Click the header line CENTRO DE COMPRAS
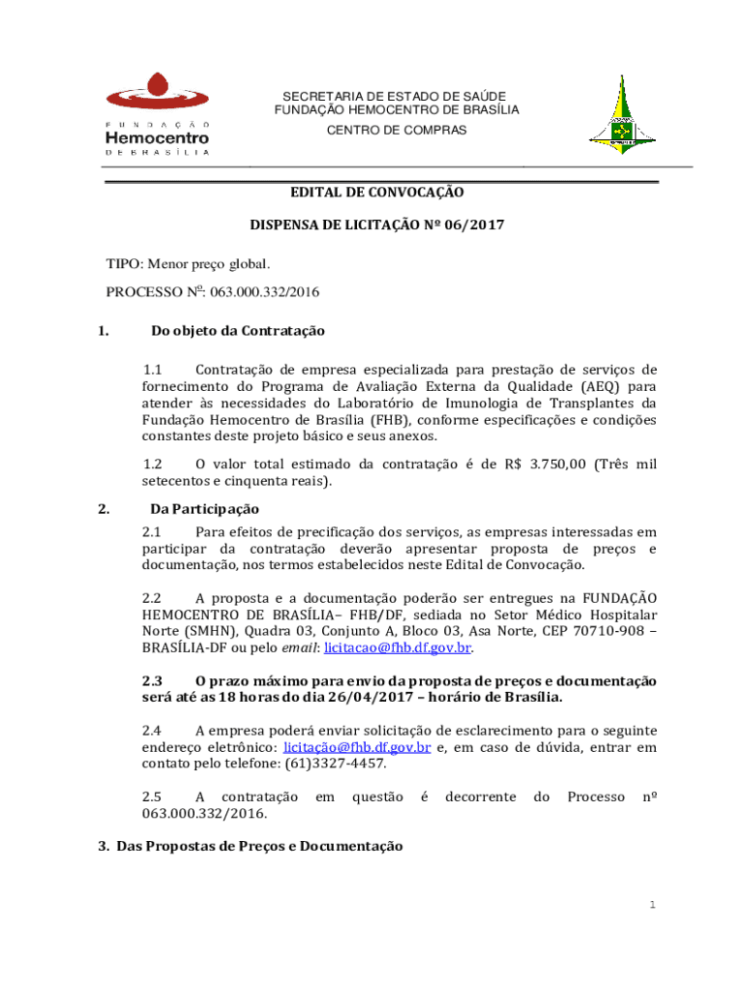pyautogui.click(x=395, y=130)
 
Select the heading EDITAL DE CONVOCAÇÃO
pyautogui.click(x=377, y=193)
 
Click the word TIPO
pyautogui.click(x=122, y=263)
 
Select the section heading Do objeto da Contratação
pyautogui.click(x=237, y=331)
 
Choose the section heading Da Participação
pyautogui.click(x=204, y=509)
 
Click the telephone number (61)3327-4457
pyautogui.click(x=335, y=764)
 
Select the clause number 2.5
pyautogui.click(x=152, y=796)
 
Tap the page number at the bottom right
pyautogui.click(x=653, y=905)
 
